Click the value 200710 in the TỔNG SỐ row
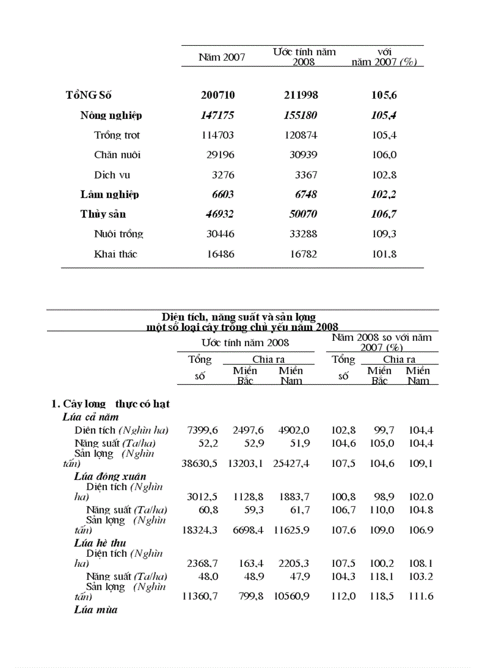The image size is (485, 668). (218, 95)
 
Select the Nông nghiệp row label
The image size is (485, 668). (111, 115)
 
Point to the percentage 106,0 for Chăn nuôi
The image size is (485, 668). (384, 155)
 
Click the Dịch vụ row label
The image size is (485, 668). (112, 175)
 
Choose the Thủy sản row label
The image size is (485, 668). (103, 214)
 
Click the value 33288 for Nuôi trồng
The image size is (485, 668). (302, 234)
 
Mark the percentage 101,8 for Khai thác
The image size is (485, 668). (384, 254)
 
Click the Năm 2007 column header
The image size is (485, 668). (221, 57)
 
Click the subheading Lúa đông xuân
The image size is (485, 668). (110, 476)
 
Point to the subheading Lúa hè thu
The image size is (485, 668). (100, 543)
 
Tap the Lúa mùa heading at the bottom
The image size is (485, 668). (96, 610)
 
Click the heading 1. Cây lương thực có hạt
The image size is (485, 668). (111, 404)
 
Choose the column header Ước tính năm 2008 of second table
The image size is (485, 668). (245, 342)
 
